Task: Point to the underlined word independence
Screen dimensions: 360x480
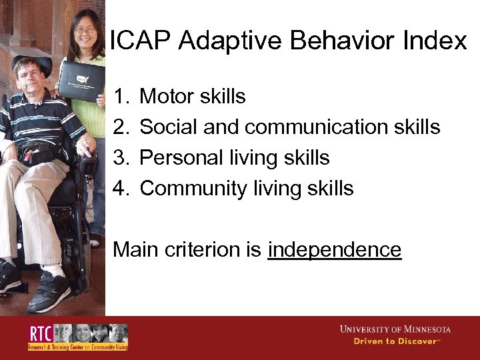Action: point(335,249)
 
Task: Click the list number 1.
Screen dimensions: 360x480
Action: point(120,97)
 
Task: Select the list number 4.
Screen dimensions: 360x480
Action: point(120,188)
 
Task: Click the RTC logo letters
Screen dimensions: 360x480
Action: point(39,334)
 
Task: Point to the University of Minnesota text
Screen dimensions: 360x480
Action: point(395,329)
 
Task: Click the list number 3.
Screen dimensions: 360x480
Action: point(120,157)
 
